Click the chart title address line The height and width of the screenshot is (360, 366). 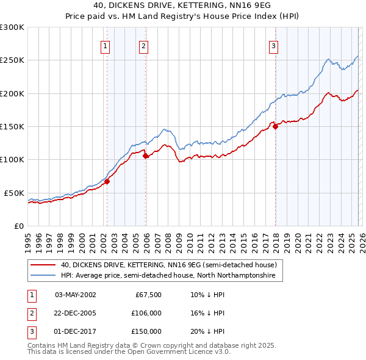pyautogui.click(x=182, y=6)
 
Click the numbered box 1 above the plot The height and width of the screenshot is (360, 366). pyautogui.click(x=106, y=46)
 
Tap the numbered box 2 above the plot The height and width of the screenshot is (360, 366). pyautogui.click(x=143, y=46)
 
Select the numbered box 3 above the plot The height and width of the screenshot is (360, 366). pyautogui.click(x=273, y=46)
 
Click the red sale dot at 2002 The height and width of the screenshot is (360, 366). pyautogui.click(x=107, y=181)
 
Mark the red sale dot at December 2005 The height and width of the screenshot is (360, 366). pyautogui.click(x=146, y=156)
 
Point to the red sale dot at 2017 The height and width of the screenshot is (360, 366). pyautogui.click(x=275, y=127)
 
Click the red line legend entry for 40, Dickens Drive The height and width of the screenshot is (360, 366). pyautogui.click(x=168, y=265)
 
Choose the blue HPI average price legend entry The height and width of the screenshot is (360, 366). pyautogui.click(x=168, y=276)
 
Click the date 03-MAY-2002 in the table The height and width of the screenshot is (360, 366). pyautogui.click(x=75, y=295)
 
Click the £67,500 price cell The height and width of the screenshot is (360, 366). pyautogui.click(x=148, y=295)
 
